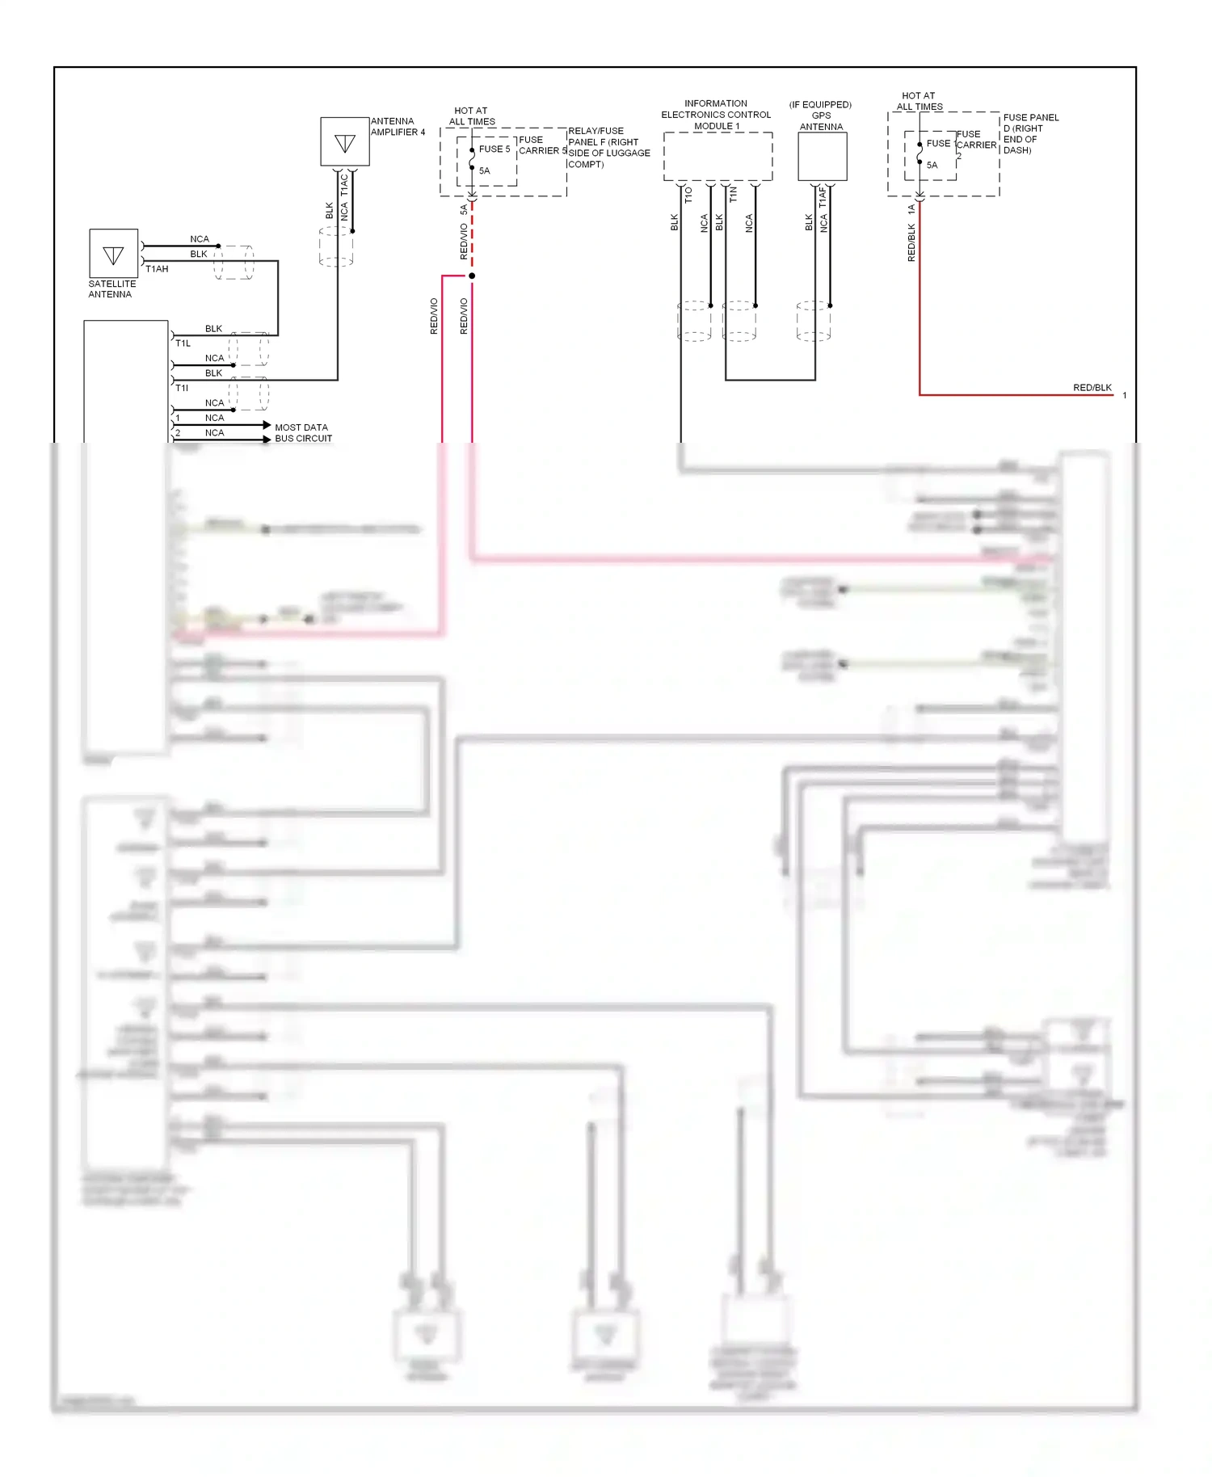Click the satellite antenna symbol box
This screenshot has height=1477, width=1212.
point(113,254)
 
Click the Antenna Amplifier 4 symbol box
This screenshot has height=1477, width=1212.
point(345,142)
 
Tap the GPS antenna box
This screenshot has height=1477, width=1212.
point(822,157)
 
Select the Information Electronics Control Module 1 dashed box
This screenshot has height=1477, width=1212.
point(718,157)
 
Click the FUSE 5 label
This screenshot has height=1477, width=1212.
point(494,149)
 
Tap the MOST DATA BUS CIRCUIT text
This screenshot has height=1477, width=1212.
point(303,433)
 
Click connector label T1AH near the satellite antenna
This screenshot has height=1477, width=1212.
point(157,269)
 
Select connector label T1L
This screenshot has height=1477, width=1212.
point(183,343)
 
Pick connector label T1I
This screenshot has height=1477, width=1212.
point(182,388)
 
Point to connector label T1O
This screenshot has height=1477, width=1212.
point(688,195)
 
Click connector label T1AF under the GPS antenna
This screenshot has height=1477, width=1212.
point(823,197)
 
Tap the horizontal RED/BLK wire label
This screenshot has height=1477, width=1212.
point(1092,388)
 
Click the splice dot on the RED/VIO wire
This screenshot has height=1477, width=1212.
point(472,276)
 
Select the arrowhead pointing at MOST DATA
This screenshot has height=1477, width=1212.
point(267,425)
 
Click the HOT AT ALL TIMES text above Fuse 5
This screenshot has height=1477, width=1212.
point(472,116)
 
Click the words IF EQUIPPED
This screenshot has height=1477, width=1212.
point(820,105)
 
